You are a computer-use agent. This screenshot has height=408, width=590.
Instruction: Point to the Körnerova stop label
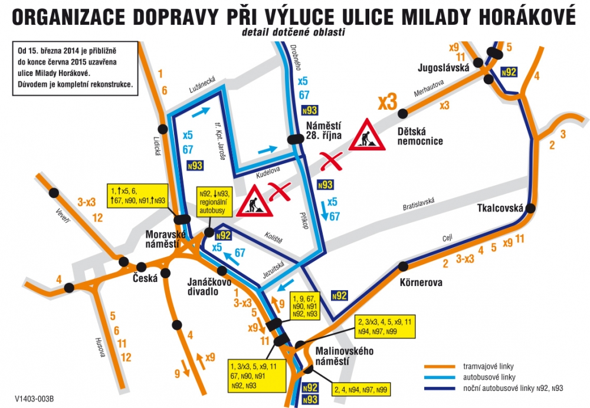coord(421,282)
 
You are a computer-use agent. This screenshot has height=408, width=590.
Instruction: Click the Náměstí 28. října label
coord(324,130)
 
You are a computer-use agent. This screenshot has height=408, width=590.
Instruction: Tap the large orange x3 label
coord(387,102)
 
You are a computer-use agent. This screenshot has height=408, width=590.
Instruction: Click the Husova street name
coord(100,347)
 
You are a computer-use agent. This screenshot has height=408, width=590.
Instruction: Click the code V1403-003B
coord(34,399)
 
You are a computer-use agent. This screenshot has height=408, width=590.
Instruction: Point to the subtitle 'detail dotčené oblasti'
coord(293,32)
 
